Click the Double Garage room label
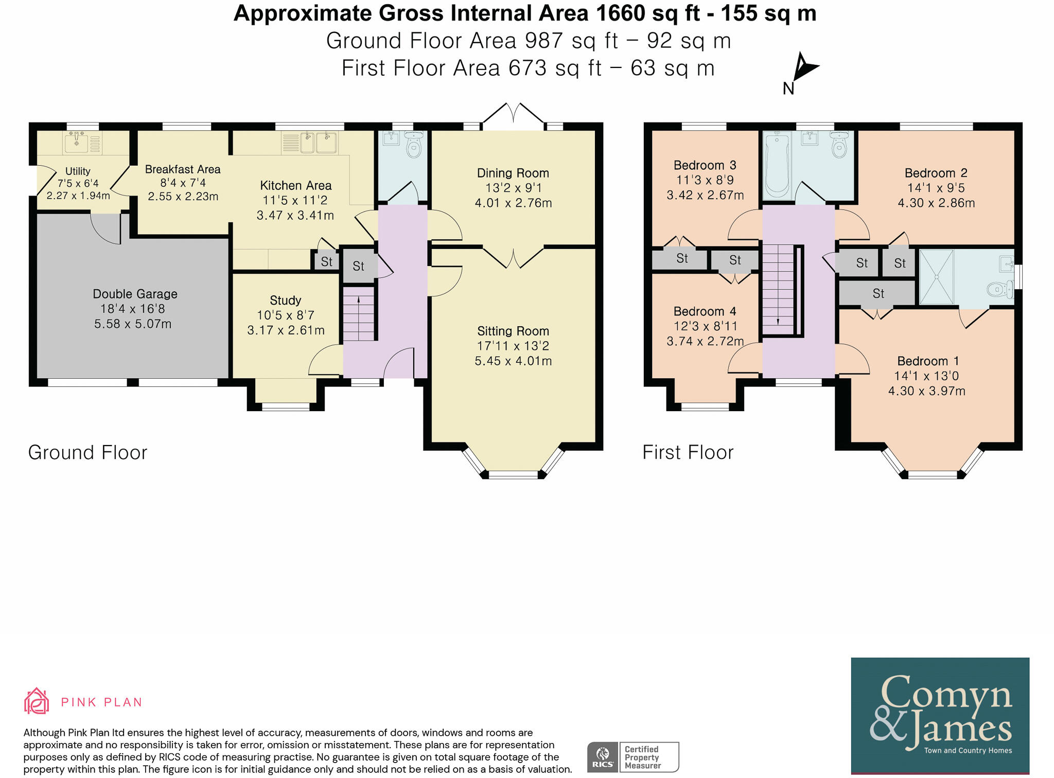[x=135, y=294]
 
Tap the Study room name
[x=285, y=300]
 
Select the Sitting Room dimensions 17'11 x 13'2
[x=513, y=346]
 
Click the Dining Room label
[x=513, y=173]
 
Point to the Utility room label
[x=78, y=171]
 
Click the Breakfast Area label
[x=182, y=169]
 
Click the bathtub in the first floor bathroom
[x=777, y=165]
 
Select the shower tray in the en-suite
[x=936, y=277]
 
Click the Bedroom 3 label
[x=705, y=165]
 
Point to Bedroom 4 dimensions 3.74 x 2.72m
[x=705, y=341]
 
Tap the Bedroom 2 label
[x=936, y=173]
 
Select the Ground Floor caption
[x=87, y=452]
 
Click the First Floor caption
[x=688, y=452]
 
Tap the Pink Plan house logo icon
[x=37, y=701]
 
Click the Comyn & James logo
[x=940, y=715]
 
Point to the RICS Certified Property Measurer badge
[x=633, y=757]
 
